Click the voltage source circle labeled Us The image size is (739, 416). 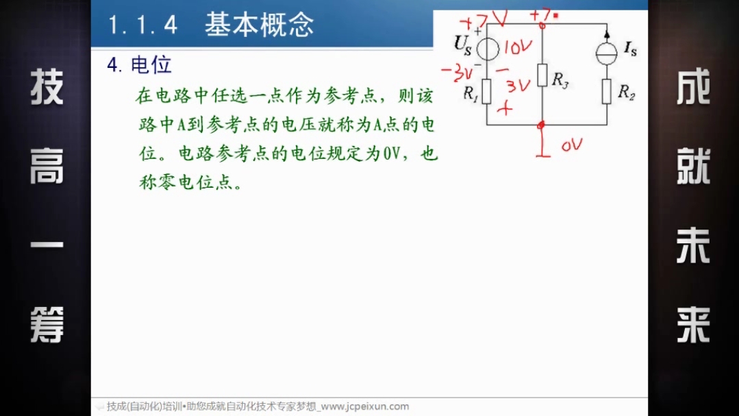click(488, 49)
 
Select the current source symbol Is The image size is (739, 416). click(607, 53)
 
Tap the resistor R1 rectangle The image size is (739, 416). click(487, 92)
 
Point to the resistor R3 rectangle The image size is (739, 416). click(542, 75)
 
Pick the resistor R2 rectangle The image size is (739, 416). click(607, 91)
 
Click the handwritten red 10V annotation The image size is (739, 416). click(518, 47)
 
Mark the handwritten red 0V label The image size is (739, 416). click(572, 145)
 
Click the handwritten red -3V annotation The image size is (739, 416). click(457, 73)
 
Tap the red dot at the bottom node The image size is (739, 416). click(541, 125)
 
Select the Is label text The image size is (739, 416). click(631, 48)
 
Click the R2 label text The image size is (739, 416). click(627, 92)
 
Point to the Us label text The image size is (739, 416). click(462, 45)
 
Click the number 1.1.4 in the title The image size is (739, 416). click(143, 25)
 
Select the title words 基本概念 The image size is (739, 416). click(259, 25)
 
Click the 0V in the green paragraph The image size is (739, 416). click(391, 154)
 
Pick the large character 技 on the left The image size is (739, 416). click(47, 87)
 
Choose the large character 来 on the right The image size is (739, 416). click(693, 325)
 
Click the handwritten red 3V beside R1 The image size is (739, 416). click(518, 86)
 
